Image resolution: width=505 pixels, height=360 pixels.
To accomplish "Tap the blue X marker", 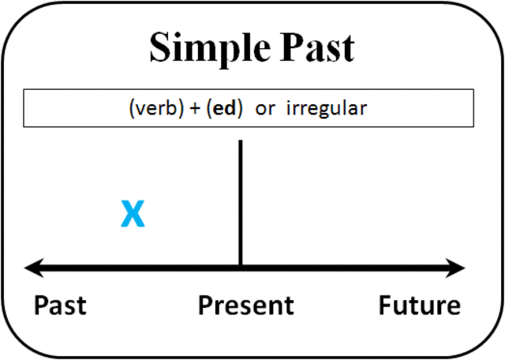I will [x=133, y=214].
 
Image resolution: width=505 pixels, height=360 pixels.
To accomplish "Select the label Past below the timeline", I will [x=60, y=306].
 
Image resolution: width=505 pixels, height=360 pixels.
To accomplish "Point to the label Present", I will [x=245, y=306].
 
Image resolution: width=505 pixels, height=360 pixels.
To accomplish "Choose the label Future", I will [x=419, y=306].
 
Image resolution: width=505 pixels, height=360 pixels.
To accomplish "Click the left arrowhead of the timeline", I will [x=32, y=268].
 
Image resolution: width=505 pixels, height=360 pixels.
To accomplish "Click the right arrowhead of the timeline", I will [x=458, y=268].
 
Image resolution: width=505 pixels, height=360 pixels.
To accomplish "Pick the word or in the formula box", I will [x=266, y=109].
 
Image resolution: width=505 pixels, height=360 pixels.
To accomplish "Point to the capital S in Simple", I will [x=160, y=49].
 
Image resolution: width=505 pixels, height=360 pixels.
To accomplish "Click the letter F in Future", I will [x=384, y=306].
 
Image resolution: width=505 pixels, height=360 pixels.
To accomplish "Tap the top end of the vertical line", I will [x=240, y=143].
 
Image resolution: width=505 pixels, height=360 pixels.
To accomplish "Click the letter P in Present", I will [x=204, y=306].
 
